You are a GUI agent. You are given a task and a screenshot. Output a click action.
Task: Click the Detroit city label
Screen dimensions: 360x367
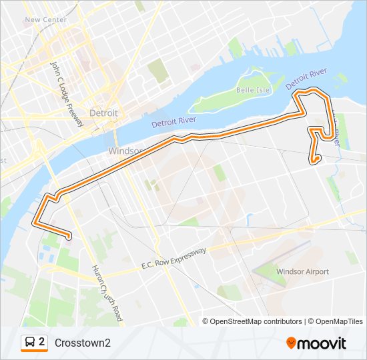coord(103,113)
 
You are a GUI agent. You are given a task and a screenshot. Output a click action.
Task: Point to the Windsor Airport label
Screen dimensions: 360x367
coord(302,271)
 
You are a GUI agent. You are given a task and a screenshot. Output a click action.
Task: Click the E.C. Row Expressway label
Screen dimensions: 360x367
coord(173,257)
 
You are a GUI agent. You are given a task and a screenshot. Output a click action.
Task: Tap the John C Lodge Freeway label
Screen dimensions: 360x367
coord(67,94)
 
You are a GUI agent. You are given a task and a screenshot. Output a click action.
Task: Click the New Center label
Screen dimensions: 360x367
coord(45,20)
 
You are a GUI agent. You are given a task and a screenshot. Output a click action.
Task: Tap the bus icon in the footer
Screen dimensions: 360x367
coord(30,342)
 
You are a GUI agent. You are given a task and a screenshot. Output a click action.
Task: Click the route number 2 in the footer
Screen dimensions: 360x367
coord(42,342)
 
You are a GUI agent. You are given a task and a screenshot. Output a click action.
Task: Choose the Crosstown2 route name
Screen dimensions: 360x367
coord(83,343)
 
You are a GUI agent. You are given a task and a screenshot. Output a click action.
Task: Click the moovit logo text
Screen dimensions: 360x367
coord(322,343)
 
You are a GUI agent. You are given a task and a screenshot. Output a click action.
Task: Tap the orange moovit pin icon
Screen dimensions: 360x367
coord(291,343)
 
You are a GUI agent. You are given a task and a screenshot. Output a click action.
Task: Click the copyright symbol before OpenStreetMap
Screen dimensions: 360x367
coord(206,321)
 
